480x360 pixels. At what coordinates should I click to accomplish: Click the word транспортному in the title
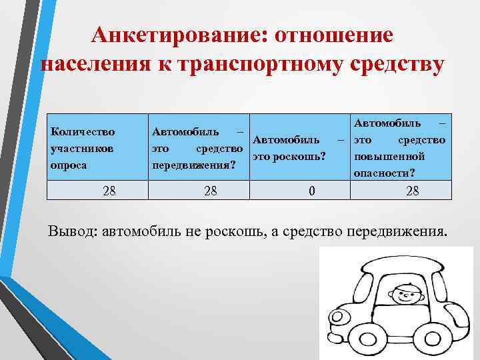[253, 67]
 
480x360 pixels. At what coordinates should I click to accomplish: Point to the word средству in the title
[394, 67]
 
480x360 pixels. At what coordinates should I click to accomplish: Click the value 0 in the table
[311, 192]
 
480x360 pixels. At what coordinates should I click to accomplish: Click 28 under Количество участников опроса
[109, 192]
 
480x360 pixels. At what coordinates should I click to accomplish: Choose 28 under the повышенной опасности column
[412, 192]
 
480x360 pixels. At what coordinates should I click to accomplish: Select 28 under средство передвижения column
[211, 192]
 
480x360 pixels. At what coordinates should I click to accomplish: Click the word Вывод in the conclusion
[71, 231]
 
